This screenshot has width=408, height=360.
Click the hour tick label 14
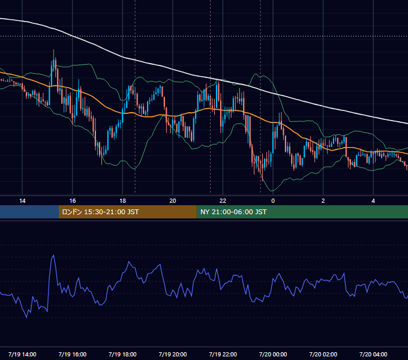(x=22, y=200)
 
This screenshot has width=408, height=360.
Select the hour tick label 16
(x=73, y=200)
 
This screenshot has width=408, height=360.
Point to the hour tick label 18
(x=122, y=200)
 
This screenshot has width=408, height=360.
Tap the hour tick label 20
(x=173, y=200)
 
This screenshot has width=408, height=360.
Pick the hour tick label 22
(x=223, y=200)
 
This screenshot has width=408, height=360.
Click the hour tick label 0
(x=273, y=200)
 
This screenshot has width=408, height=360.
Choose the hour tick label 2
(x=323, y=200)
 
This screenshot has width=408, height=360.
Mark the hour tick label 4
(x=373, y=200)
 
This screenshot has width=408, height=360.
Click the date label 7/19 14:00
(x=22, y=354)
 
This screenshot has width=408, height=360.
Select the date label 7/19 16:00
(x=73, y=354)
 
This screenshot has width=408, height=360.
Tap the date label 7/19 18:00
(x=122, y=354)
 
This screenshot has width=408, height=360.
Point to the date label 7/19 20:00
(x=173, y=354)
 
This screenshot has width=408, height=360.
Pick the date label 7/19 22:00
(x=223, y=354)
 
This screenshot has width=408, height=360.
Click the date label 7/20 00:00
(x=273, y=354)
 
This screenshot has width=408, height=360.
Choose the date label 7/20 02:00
(x=323, y=354)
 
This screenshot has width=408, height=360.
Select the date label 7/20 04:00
(x=373, y=354)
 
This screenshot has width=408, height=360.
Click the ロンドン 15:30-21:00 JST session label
(x=100, y=212)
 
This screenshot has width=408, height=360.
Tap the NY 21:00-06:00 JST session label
(x=233, y=212)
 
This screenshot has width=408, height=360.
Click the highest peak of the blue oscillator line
(x=53, y=255)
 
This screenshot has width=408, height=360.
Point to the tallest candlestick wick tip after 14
(x=53, y=49)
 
